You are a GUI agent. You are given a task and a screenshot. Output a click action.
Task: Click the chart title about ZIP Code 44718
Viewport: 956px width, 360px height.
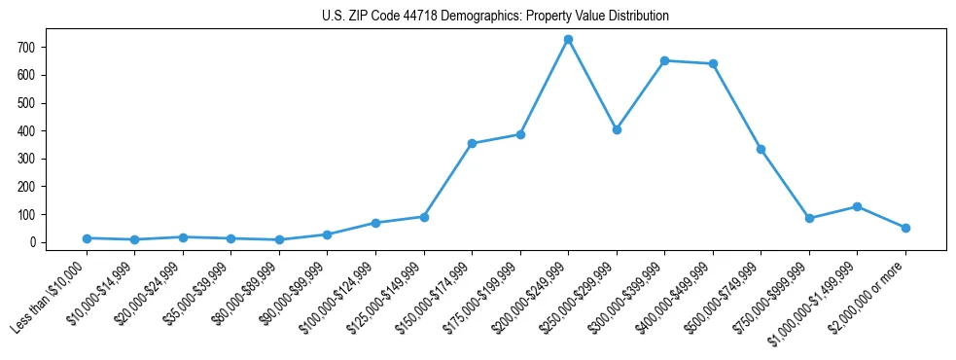[x=495, y=17]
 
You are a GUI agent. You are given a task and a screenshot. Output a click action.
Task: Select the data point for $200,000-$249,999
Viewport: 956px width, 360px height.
[x=568, y=39]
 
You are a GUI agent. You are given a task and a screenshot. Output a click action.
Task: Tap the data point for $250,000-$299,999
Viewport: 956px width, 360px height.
[x=617, y=129]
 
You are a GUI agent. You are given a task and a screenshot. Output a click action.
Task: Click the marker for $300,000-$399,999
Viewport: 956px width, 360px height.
[x=664, y=60]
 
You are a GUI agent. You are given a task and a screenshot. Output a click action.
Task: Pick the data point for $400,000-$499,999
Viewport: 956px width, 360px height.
[x=713, y=63]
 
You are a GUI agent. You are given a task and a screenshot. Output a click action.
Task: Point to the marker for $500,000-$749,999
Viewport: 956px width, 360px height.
[x=761, y=149]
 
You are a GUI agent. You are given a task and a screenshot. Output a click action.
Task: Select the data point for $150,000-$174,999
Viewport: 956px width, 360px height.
[x=472, y=143]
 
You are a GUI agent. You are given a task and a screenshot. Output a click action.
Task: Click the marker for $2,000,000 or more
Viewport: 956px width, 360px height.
[x=905, y=228]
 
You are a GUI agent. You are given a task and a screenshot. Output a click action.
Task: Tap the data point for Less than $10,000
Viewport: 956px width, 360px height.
[x=87, y=238]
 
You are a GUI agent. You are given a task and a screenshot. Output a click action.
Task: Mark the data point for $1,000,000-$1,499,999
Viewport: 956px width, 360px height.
[x=857, y=206]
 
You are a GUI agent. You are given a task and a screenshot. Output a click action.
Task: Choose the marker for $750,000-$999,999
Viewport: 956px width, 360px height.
[x=809, y=218]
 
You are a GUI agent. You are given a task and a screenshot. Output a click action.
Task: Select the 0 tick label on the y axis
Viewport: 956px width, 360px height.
[x=32, y=242]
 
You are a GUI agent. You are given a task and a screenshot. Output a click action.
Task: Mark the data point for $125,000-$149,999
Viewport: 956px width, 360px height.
[x=424, y=217]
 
